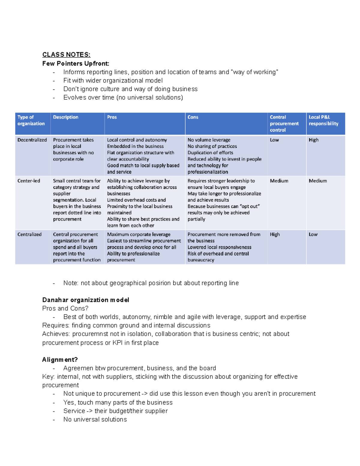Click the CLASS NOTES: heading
coord(66,55)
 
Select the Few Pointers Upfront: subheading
coord(76,63)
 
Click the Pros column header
coord(112,117)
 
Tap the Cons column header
coord(193,117)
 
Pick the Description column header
coord(66,117)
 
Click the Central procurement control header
coord(284,124)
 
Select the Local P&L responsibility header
coord(323,120)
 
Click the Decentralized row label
coord(32,140)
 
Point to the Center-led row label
coord(29,181)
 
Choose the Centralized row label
coord(29,234)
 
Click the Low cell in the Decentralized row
coord(274,140)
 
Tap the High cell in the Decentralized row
coord(313,140)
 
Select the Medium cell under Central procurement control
coord(279,181)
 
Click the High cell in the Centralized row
coord(275,234)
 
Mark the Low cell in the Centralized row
coord(313,234)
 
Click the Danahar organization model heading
coord(85,300)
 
